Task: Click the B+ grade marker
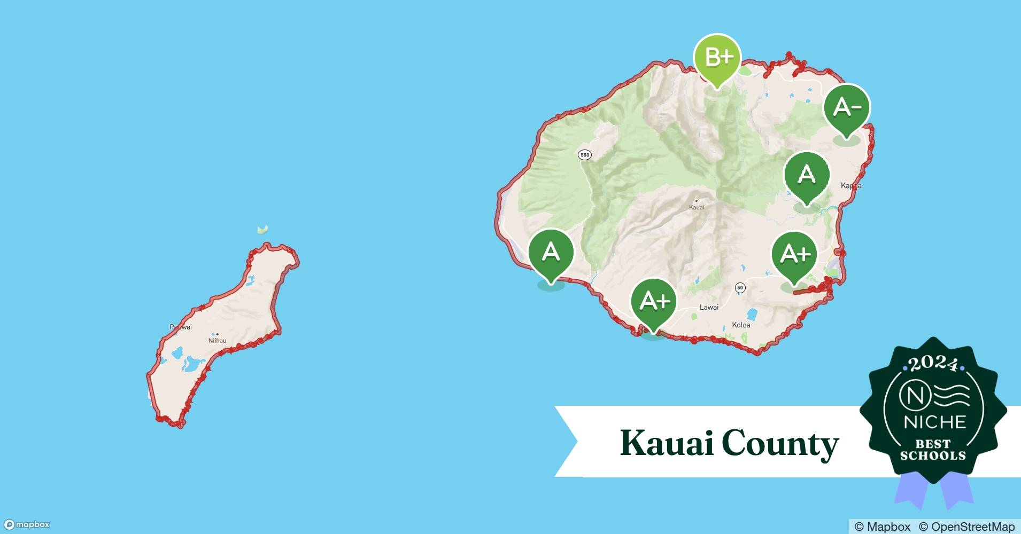(717, 58)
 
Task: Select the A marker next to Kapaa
(807, 175)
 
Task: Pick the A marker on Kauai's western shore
(551, 252)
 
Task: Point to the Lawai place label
(709, 307)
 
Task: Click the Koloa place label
(741, 325)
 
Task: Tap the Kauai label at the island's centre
(697, 207)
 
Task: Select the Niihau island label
(217, 340)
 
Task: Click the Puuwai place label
(181, 327)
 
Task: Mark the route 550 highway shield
(585, 155)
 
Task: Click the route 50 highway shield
(740, 288)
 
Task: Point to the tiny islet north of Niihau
(262, 230)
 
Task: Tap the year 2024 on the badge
(933, 364)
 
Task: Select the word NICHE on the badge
(935, 422)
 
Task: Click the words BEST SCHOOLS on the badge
(933, 450)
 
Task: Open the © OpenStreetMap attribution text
(966, 527)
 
